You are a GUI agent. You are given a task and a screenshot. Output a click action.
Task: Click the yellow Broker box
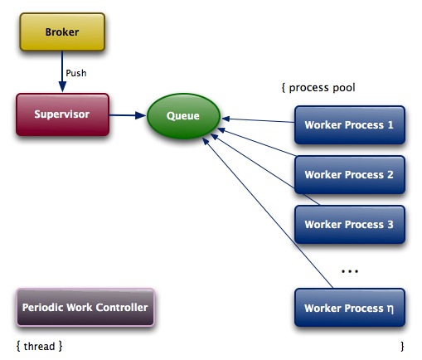(62, 32)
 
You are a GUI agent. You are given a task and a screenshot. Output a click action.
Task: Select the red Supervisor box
(62, 114)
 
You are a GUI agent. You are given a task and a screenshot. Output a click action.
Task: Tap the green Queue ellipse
(183, 116)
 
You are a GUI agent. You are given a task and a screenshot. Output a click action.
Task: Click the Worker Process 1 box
(350, 125)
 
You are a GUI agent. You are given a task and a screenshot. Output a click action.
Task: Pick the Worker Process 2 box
(350, 175)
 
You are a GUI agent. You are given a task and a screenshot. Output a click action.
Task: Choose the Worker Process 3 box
(350, 225)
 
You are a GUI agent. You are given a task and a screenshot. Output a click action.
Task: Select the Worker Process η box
(350, 308)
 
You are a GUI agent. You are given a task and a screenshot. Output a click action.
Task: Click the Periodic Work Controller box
(85, 308)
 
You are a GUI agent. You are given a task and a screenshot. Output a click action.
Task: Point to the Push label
(76, 73)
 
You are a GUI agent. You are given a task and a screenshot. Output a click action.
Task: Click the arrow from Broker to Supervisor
(62, 71)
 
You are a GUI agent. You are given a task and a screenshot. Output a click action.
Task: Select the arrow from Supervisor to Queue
(128, 115)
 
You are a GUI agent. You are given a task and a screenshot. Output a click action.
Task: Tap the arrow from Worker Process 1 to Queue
(258, 120)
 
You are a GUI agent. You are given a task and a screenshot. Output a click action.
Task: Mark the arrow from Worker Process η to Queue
(268, 212)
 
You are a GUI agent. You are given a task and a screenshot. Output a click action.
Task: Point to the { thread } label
(39, 346)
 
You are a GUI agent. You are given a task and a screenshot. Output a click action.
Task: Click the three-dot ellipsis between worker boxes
(350, 271)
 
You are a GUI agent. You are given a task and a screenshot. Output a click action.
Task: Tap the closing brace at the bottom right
(402, 347)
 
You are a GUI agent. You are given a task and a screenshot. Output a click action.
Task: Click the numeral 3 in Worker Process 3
(390, 225)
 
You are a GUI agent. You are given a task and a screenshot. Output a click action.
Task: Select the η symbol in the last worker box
(390, 309)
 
